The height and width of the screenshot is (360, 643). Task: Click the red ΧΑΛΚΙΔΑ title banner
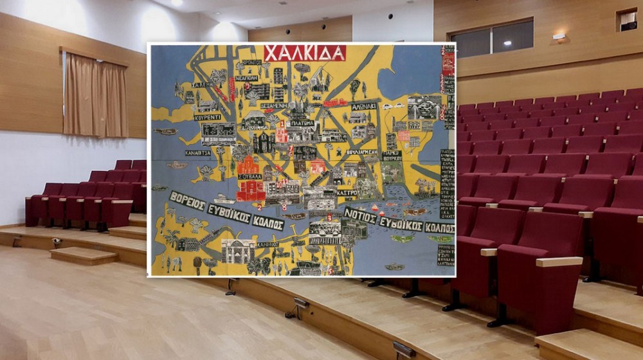click(x=305, y=53)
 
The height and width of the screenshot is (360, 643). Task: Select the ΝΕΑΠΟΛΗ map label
click(x=246, y=78)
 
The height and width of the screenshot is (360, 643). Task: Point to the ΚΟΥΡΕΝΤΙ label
click(x=207, y=117)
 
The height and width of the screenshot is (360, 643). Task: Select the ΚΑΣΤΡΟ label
click(x=347, y=192)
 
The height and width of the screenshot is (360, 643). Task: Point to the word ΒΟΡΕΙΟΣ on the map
click(x=187, y=201)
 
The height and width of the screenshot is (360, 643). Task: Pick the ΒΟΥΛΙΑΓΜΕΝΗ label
click(x=362, y=153)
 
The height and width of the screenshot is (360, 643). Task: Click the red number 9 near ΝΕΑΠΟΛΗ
click(x=247, y=85)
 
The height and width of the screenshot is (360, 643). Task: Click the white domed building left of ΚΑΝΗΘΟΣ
click(x=238, y=251)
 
